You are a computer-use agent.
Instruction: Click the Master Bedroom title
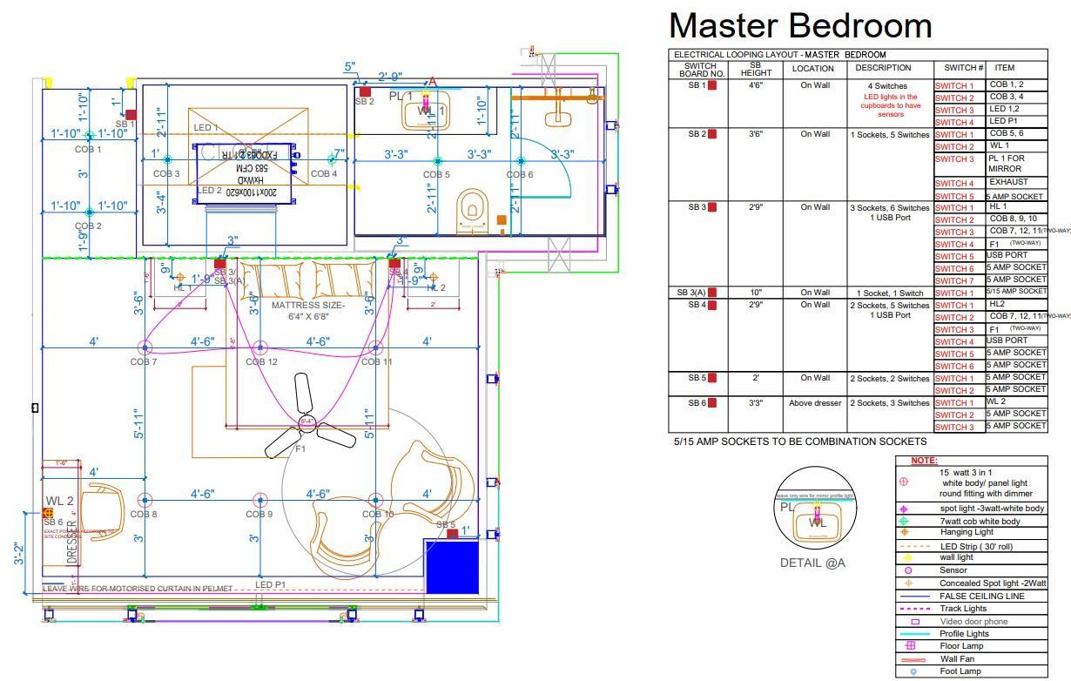coord(799,25)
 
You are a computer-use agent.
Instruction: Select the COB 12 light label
coord(260,361)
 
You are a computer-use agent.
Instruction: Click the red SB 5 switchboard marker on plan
coord(452,533)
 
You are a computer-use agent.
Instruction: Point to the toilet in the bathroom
coord(471,209)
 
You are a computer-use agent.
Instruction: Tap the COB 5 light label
coord(436,174)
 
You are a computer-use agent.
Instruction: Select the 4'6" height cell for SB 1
coord(755,85)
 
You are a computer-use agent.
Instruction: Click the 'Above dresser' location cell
coord(815,403)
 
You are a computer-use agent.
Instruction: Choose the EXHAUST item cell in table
coord(1008,183)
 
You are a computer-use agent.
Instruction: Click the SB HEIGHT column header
coord(755,69)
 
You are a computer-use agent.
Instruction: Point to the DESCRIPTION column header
coord(883,68)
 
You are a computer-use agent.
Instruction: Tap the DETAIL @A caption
coord(812,563)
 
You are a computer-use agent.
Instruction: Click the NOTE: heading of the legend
coord(924,460)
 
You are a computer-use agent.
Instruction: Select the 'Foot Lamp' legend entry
coord(960,671)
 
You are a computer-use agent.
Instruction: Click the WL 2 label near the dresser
coord(59,501)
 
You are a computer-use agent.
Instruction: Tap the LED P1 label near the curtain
coord(270,584)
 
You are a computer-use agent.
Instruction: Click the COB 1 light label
coord(87,149)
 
